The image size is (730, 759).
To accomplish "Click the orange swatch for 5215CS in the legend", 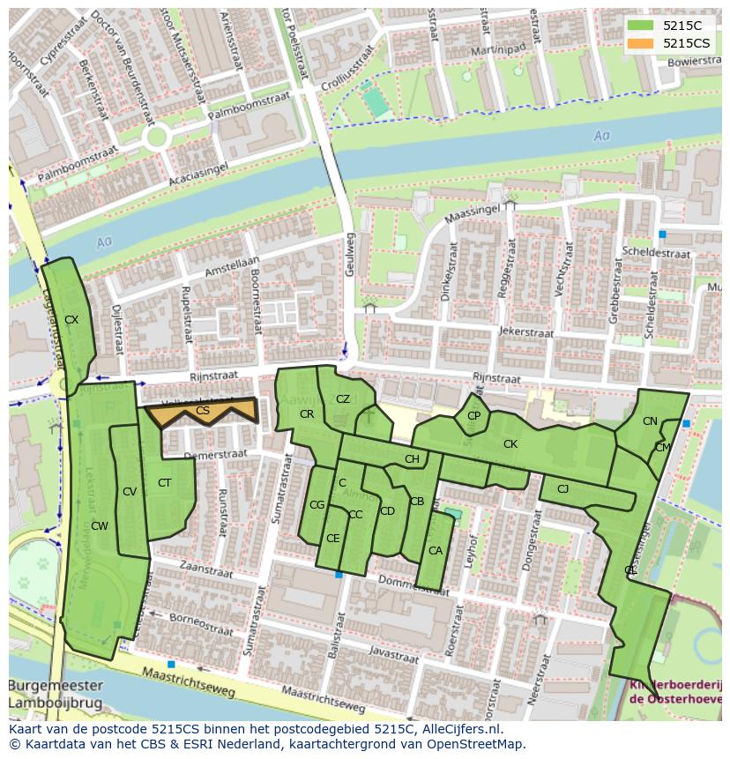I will point(641,43).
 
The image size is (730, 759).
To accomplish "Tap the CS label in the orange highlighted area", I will point(203,411).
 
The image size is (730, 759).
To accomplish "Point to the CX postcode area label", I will point(71,320).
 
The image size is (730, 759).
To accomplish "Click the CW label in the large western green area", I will point(99,526).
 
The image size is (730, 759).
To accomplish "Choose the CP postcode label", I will point(473,416).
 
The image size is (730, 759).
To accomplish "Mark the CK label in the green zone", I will point(510,444).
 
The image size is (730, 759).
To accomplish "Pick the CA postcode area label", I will point(435,551).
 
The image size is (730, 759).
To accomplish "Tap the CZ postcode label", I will point(343,399).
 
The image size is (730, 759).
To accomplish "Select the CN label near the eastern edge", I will point(650,421).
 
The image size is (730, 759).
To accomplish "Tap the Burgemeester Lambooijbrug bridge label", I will point(55,695).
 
